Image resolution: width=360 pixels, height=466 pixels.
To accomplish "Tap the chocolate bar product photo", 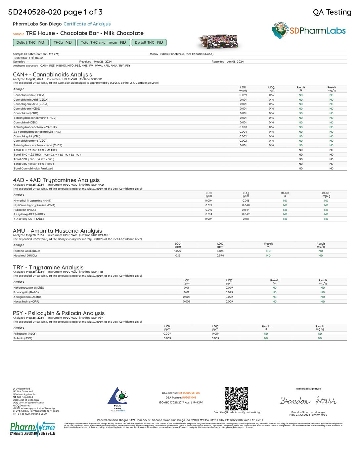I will [x=218, y=42].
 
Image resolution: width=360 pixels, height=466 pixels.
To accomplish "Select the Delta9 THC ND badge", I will [x=30, y=42].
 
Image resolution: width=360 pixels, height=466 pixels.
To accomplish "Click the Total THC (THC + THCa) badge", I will [x=103, y=42].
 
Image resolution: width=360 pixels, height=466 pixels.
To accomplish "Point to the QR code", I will [x=236, y=398].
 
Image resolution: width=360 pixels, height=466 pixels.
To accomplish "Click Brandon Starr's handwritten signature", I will [x=308, y=401].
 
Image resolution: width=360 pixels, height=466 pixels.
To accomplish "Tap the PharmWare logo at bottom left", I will [x=32, y=429].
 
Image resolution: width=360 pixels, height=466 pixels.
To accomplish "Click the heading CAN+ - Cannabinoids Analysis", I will [x=52, y=74].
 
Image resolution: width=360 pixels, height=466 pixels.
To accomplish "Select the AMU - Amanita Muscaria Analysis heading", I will [x=57, y=231].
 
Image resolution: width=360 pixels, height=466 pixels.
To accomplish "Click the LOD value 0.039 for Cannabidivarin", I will [x=243, y=95].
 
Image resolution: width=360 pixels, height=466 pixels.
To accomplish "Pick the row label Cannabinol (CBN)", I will [x=25, y=122].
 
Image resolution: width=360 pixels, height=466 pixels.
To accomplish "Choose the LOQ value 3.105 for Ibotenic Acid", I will [x=220, y=251].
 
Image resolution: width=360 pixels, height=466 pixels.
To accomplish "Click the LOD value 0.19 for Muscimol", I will [x=178, y=256].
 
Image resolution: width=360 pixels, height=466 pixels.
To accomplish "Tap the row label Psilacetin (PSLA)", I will [x=24, y=210].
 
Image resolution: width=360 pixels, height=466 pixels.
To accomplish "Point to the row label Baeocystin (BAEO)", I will [x=26, y=292].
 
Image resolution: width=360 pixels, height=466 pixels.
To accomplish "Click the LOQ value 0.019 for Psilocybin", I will [x=215, y=334].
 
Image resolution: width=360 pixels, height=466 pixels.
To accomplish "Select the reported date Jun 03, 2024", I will [x=235, y=62].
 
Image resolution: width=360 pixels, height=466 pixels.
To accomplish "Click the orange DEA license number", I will [x=189, y=397].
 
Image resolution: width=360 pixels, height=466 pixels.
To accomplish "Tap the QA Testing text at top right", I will [x=332, y=12].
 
